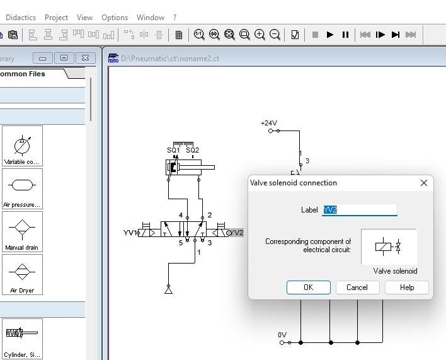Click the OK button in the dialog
pos(308,287)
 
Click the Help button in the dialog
pos(407,287)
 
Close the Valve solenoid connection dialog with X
pos(423,183)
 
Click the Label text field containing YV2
pos(360,210)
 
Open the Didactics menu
pos(21,18)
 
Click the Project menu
pos(56,18)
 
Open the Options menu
pos(115,18)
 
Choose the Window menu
pos(150,18)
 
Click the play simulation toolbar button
pos(330,35)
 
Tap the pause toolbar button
pos(345,35)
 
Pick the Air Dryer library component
pos(22,274)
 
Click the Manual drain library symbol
pos(22,231)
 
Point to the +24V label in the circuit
pos(269,124)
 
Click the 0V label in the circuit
pos(282,335)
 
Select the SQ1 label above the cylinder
pos(173,150)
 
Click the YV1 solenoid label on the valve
pos(130,233)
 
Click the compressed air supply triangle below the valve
pos(168,289)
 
